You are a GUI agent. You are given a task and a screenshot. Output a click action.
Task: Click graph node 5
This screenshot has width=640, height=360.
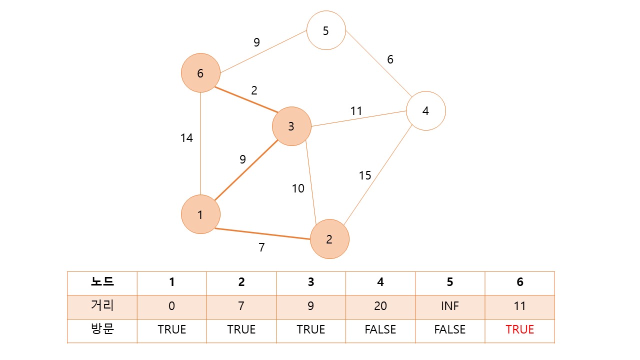pos(326,30)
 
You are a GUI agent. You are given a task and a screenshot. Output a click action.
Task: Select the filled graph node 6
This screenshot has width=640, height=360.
pos(200,73)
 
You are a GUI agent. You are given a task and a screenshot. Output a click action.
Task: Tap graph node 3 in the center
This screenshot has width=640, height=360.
pos(291,126)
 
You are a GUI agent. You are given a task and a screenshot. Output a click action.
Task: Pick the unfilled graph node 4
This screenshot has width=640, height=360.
pos(425,110)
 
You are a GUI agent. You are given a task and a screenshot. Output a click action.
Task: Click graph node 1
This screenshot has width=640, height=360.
pos(200,215)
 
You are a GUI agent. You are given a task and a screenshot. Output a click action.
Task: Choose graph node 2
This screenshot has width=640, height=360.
pos(329,239)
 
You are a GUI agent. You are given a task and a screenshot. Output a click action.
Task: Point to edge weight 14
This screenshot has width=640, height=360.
pos(186,138)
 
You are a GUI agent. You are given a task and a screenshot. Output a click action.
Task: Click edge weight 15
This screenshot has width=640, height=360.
pos(365,175)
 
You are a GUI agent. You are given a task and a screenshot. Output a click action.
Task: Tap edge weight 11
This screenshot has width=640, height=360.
pos(356,111)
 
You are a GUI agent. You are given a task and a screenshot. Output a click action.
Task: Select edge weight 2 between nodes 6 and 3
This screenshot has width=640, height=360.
pos(254,90)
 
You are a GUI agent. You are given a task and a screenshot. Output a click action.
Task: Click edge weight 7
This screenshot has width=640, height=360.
pos(261,247)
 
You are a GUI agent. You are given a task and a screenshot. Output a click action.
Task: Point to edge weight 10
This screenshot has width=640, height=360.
pos(298,188)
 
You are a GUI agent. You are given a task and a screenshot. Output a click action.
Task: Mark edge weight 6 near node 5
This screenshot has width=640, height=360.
pos(390,59)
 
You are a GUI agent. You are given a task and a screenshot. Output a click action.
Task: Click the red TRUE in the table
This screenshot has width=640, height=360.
pos(519,329)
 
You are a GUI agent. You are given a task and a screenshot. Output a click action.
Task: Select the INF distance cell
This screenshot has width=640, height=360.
pos(450,306)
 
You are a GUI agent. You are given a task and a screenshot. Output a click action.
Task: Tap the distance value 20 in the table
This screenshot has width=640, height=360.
pos(380,306)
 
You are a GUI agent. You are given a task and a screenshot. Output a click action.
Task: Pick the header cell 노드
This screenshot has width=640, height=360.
pos(102,282)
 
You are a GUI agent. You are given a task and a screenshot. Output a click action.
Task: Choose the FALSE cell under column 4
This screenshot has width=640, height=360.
pos(380,329)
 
